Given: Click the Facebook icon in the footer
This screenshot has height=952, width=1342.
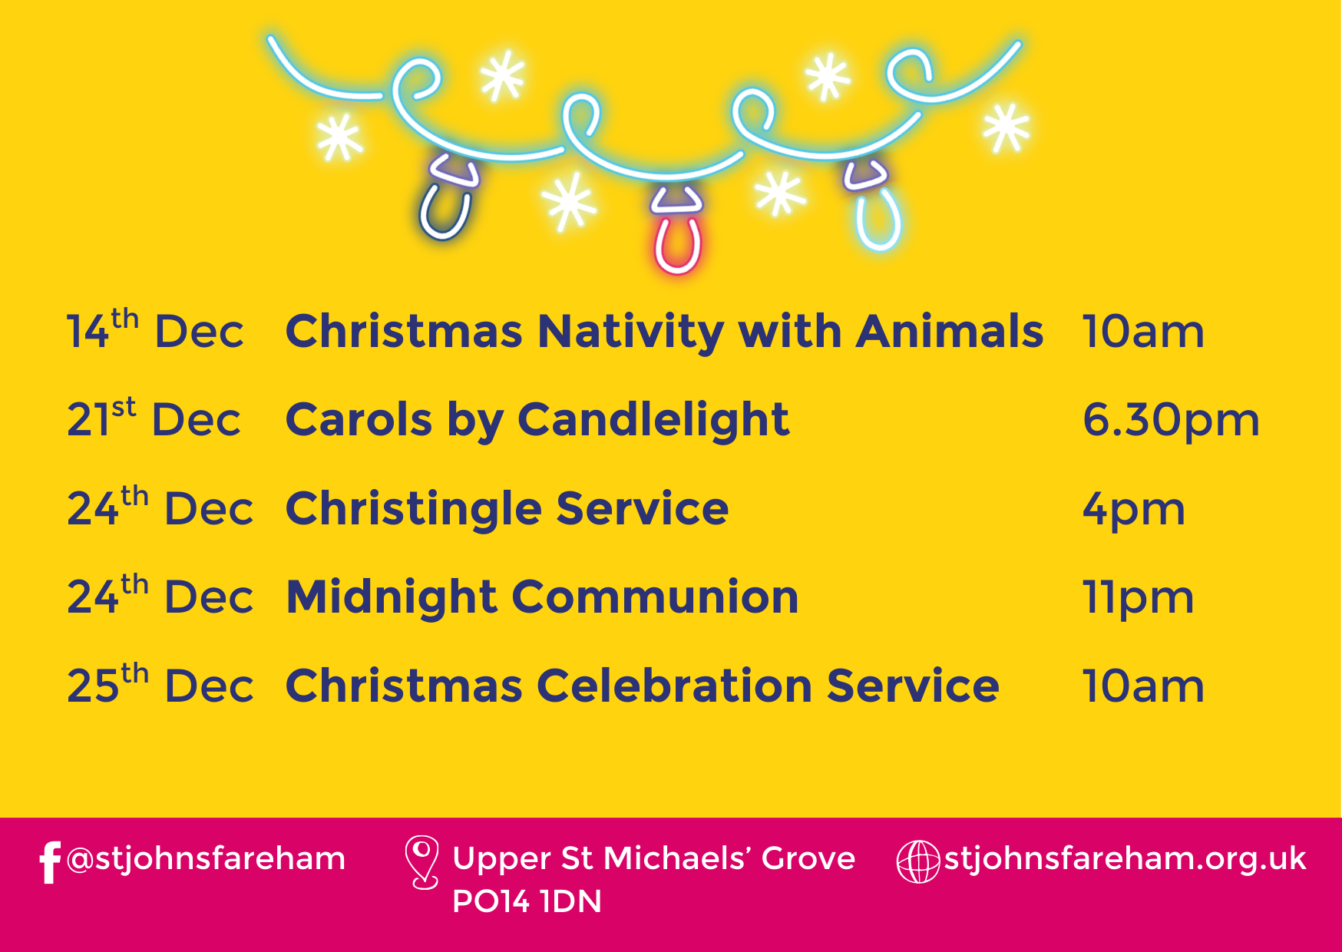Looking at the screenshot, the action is pyautogui.click(x=50, y=862).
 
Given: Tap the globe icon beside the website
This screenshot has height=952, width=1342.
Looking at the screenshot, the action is pyautogui.click(x=918, y=862).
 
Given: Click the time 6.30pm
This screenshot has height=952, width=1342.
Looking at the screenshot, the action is pyautogui.click(x=1171, y=421).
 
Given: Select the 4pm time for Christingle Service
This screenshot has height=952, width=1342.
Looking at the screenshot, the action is pyautogui.click(x=1134, y=510).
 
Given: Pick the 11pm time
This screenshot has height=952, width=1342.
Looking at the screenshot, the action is pyautogui.click(x=1138, y=598).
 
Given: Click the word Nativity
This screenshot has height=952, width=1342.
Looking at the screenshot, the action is pyautogui.click(x=630, y=332).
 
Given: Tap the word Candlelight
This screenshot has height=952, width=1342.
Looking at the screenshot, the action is pyautogui.click(x=653, y=420).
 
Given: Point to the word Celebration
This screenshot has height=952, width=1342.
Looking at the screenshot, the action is pyautogui.click(x=674, y=686).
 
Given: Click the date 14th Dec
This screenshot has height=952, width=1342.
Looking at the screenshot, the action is pyautogui.click(x=155, y=330).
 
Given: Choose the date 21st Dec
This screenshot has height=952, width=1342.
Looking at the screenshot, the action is pyautogui.click(x=154, y=419).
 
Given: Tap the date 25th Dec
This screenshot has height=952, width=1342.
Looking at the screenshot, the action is pyautogui.click(x=160, y=684).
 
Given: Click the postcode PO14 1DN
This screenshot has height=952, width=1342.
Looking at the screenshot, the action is pyautogui.click(x=527, y=902).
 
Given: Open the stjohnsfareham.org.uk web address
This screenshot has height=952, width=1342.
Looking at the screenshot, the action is pyautogui.click(x=1125, y=859).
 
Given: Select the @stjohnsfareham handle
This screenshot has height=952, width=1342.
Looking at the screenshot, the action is pyautogui.click(x=206, y=859).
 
